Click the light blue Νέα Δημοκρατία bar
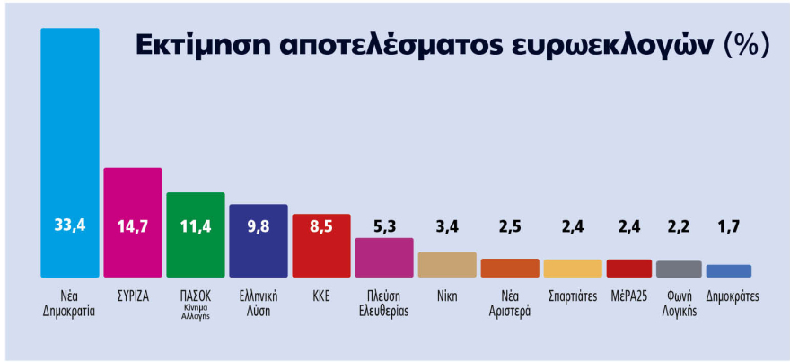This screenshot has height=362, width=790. [x=70, y=153]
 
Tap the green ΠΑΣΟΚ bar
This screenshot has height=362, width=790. [x=196, y=234]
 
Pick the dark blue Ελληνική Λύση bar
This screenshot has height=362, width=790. [x=259, y=241]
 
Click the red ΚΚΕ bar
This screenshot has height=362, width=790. [x=320, y=245]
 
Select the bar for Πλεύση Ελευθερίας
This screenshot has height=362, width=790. [x=384, y=258]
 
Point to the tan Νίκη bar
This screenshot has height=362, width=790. [x=447, y=265]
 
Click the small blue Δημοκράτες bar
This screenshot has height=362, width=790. [x=728, y=271]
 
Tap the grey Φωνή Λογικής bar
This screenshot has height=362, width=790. [x=679, y=269]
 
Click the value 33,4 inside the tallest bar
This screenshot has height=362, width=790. [x=70, y=225]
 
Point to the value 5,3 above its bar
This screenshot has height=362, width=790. [x=384, y=225]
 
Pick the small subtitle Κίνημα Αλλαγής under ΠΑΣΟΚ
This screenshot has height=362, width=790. [x=196, y=311]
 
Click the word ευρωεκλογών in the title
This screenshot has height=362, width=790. [x=610, y=45]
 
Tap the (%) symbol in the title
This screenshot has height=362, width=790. [x=746, y=45]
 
